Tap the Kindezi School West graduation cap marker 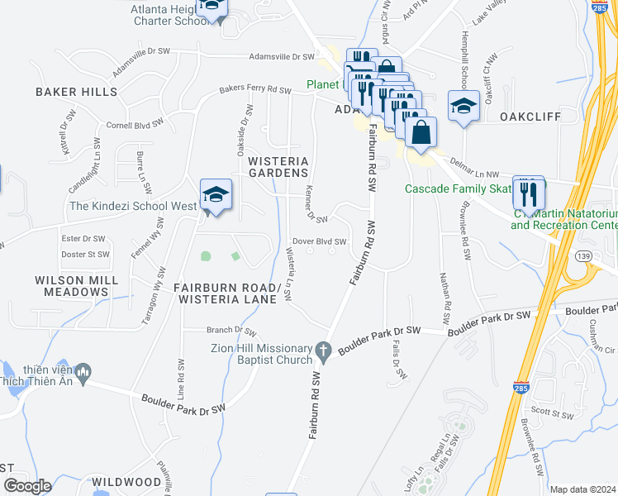(216, 195)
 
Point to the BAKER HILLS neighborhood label (77, 92)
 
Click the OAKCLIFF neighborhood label (530, 117)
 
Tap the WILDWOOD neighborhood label (126, 481)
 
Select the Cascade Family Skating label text (457, 188)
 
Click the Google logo (26, 485)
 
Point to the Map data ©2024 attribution (582, 489)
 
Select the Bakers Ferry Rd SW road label (254, 90)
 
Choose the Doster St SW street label (85, 254)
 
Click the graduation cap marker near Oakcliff (463, 106)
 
